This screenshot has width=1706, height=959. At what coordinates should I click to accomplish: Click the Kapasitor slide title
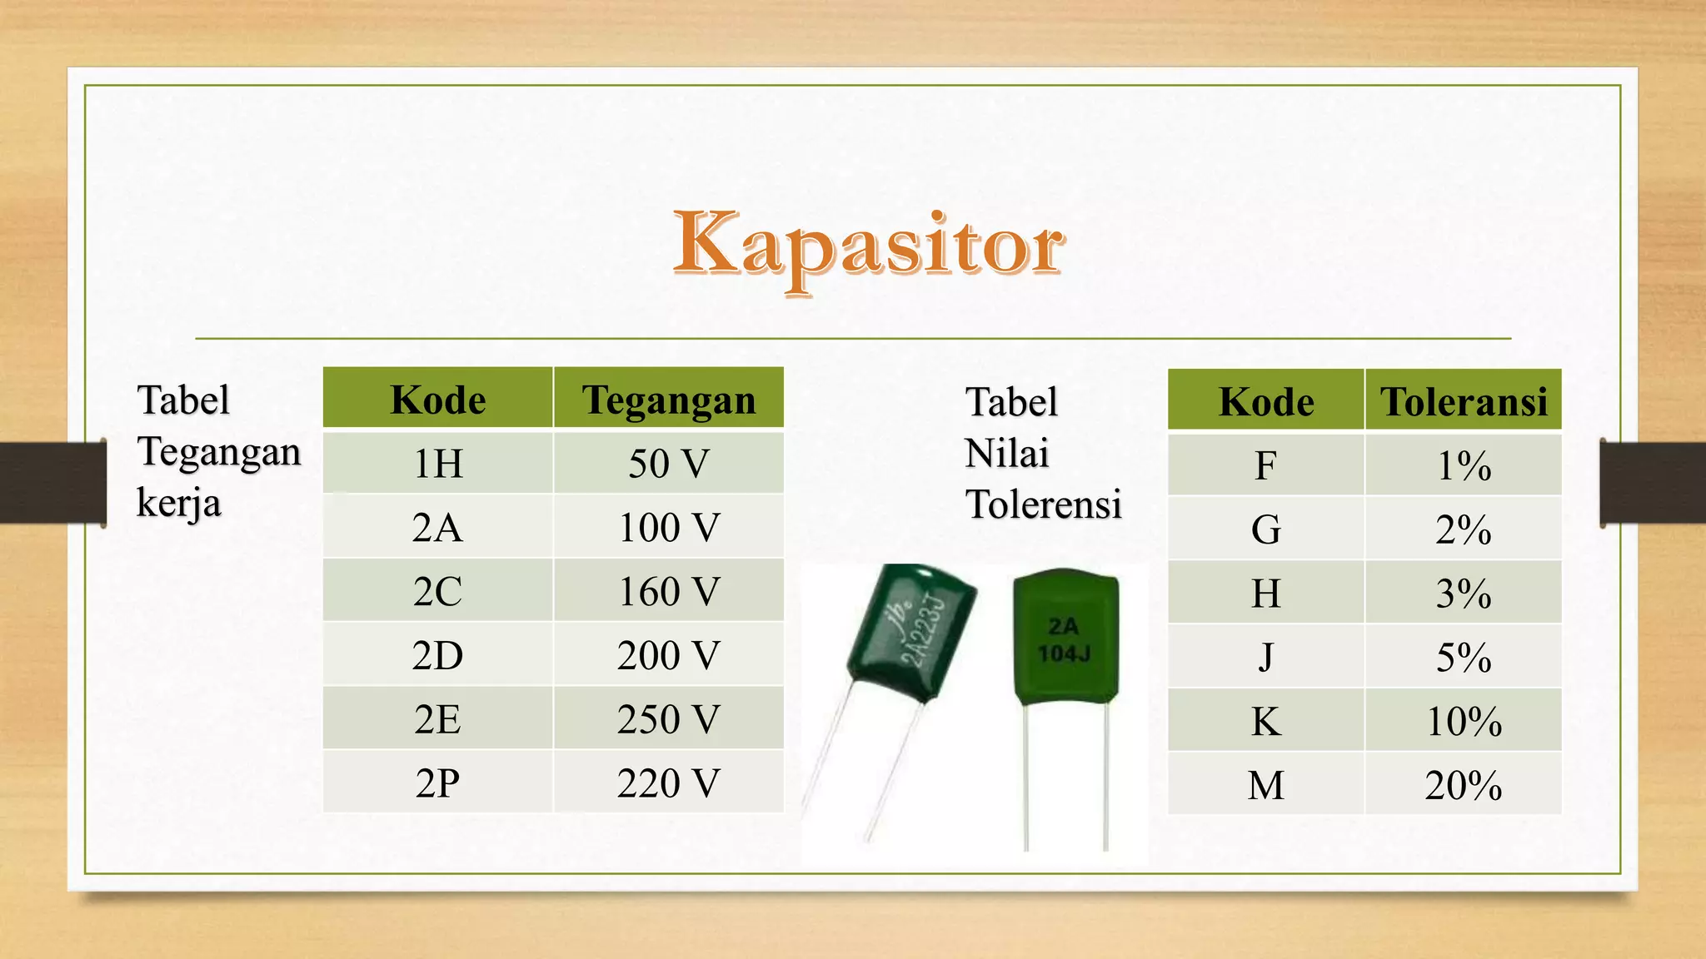tap(867, 246)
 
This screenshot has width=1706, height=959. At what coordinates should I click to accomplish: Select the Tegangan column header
tap(669, 400)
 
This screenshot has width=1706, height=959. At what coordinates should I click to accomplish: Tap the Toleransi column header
tap(1464, 401)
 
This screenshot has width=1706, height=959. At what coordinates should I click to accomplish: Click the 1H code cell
tap(438, 464)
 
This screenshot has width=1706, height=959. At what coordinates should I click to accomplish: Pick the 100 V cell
tap(669, 528)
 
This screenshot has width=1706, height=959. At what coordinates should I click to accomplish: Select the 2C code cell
tap(438, 592)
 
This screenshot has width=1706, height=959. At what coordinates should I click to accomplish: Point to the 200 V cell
tap(669, 655)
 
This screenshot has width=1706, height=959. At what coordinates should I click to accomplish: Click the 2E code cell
tap(438, 719)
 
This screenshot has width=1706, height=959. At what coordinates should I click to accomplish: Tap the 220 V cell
tap(669, 783)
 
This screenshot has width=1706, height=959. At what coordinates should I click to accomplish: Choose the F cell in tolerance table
tap(1265, 465)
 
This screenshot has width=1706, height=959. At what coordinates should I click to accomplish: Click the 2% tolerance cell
tap(1464, 529)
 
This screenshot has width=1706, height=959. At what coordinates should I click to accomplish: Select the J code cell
tap(1265, 657)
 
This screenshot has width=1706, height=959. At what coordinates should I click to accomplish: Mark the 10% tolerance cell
tap(1464, 721)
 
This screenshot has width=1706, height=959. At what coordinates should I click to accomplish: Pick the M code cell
tap(1265, 785)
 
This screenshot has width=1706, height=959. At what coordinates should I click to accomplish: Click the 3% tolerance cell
tap(1464, 594)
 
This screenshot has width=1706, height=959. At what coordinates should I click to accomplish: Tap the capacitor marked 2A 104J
tap(1065, 641)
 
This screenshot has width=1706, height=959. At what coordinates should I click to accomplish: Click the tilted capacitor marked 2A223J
tap(912, 633)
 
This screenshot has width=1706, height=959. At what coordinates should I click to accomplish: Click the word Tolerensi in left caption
tap(1043, 504)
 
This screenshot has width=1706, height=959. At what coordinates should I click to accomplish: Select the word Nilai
tap(1006, 454)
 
